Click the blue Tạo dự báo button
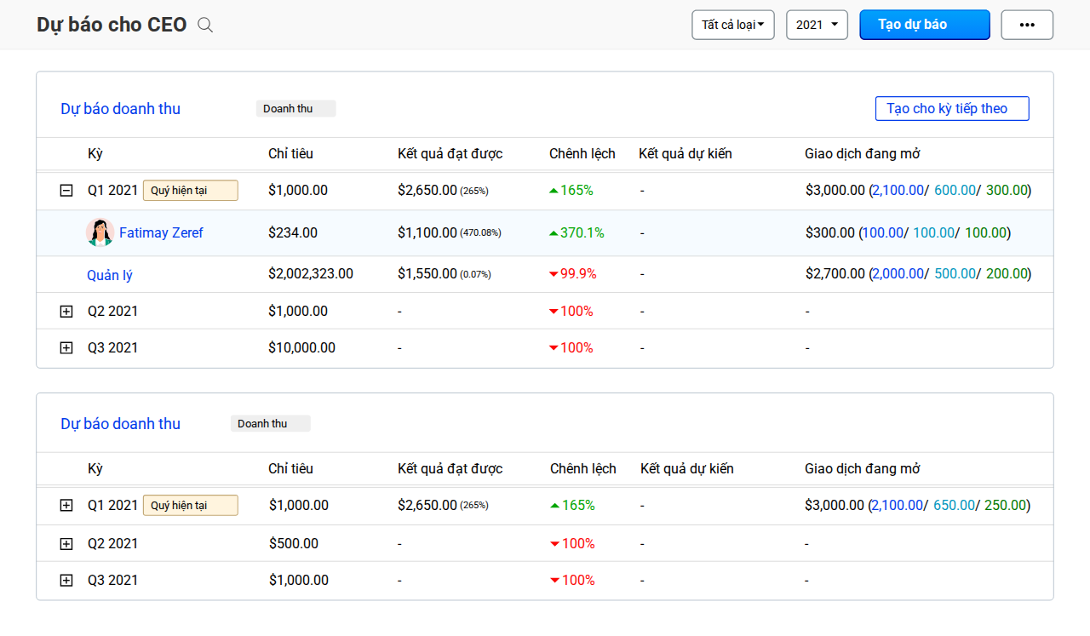(x=925, y=25)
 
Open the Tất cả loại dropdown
(x=733, y=25)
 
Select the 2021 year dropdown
(x=817, y=25)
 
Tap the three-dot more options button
(x=1027, y=25)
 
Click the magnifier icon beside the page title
(x=205, y=25)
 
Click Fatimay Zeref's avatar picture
(x=100, y=232)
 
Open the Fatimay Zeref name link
(x=161, y=232)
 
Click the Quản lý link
(x=110, y=275)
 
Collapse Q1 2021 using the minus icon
(x=66, y=190)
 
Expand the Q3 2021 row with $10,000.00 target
(x=66, y=348)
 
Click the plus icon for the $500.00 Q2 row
(x=66, y=543)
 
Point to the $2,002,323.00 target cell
(x=311, y=273)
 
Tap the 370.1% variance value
(x=582, y=232)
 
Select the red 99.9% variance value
(x=578, y=273)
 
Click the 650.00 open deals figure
(x=954, y=505)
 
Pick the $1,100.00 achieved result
(x=427, y=232)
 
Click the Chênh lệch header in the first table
(x=582, y=154)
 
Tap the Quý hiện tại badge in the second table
(x=190, y=505)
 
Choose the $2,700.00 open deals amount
(x=835, y=273)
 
